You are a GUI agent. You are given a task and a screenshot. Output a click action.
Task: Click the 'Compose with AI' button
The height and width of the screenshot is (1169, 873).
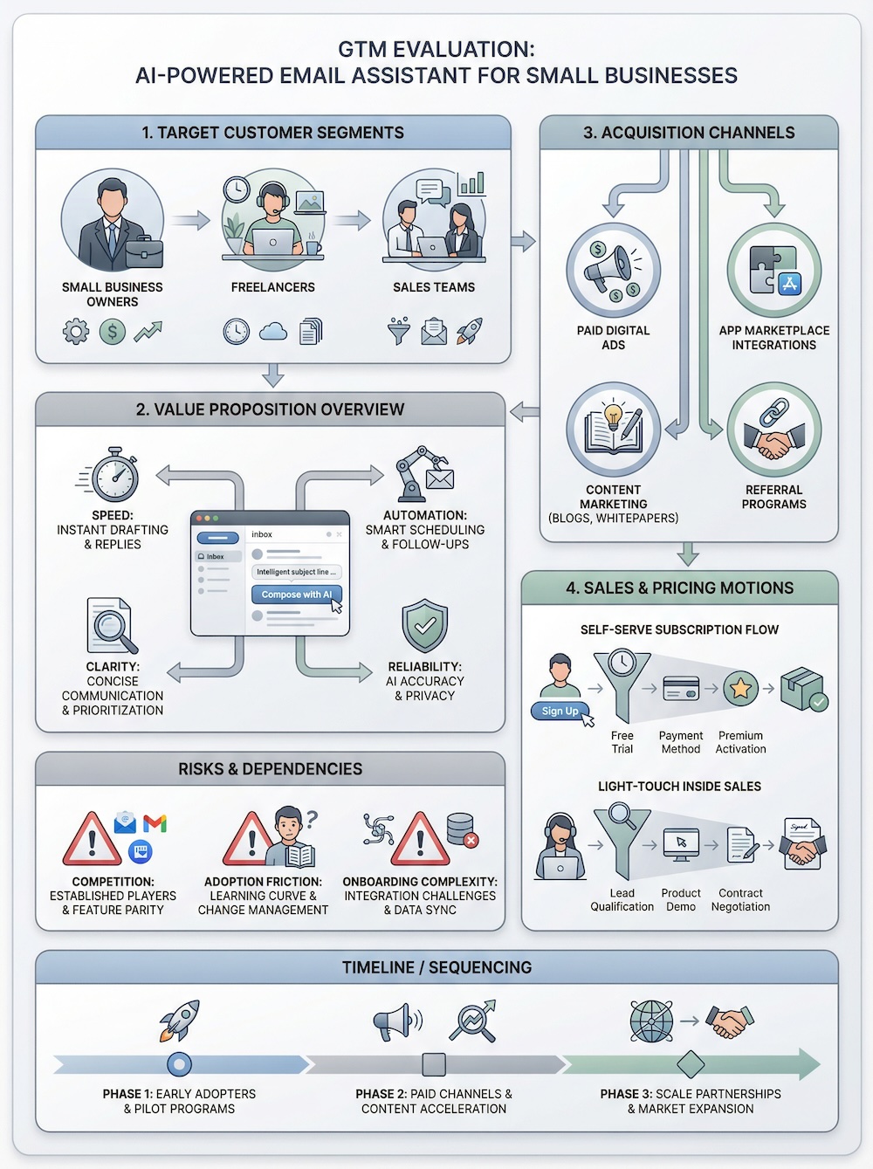click(296, 595)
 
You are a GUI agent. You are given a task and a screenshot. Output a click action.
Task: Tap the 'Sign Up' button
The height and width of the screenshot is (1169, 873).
click(560, 711)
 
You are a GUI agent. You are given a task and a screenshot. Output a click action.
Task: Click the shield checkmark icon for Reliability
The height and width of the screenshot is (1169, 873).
click(425, 626)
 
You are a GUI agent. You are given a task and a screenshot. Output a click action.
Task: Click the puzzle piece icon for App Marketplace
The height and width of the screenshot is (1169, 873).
click(773, 271)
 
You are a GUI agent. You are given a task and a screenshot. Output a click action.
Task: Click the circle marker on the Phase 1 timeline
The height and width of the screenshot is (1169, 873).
click(179, 1064)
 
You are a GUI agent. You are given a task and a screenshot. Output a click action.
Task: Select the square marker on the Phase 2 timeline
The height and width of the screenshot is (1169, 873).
click(434, 1064)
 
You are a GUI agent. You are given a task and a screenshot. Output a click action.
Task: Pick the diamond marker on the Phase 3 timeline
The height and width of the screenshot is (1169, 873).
click(691, 1064)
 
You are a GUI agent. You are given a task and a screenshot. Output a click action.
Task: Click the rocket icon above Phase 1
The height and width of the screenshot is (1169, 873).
click(180, 1021)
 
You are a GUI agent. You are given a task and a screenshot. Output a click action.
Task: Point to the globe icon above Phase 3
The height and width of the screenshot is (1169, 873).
click(651, 1021)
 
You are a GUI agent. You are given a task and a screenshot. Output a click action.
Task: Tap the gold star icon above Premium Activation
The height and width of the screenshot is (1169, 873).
click(740, 689)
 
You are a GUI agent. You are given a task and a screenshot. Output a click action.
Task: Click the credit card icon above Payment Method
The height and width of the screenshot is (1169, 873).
click(681, 689)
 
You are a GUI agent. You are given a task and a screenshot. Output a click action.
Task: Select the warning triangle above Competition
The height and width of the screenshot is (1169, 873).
click(92, 840)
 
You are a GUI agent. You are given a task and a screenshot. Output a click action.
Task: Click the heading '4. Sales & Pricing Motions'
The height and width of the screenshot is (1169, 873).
click(679, 588)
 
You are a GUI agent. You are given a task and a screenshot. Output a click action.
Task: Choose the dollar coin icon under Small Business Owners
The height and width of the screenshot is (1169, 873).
click(112, 332)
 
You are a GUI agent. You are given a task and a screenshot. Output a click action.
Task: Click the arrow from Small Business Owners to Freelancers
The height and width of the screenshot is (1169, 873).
click(190, 220)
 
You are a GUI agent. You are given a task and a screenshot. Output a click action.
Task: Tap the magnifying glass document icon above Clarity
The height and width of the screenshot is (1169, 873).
click(112, 626)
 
